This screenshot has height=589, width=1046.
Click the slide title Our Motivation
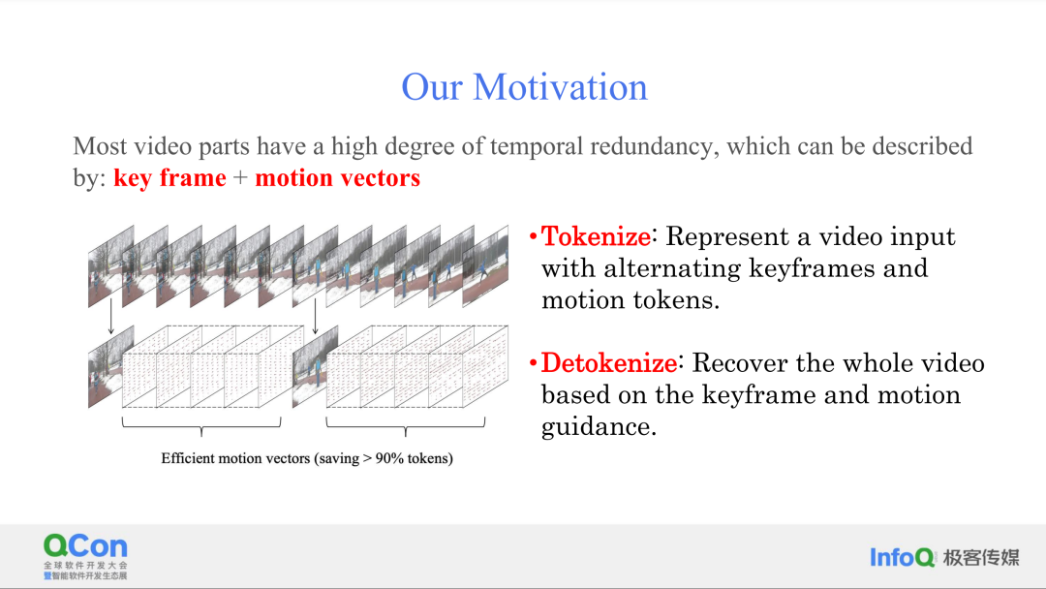(x=524, y=87)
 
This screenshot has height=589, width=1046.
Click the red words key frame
(x=169, y=178)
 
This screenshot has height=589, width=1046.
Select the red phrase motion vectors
(x=338, y=177)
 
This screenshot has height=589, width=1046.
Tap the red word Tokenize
(x=596, y=236)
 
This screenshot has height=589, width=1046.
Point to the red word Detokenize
(x=609, y=363)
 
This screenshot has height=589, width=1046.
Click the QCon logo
(x=85, y=556)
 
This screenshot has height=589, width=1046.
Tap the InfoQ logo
(x=903, y=557)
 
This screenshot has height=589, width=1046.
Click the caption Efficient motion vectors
(x=235, y=458)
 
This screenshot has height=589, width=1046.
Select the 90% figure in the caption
(x=389, y=458)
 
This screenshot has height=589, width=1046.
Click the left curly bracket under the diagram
(x=201, y=425)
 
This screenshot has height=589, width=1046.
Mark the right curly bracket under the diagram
(x=406, y=425)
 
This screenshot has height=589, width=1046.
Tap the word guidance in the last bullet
(x=599, y=427)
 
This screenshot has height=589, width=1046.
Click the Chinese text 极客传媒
(x=981, y=557)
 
